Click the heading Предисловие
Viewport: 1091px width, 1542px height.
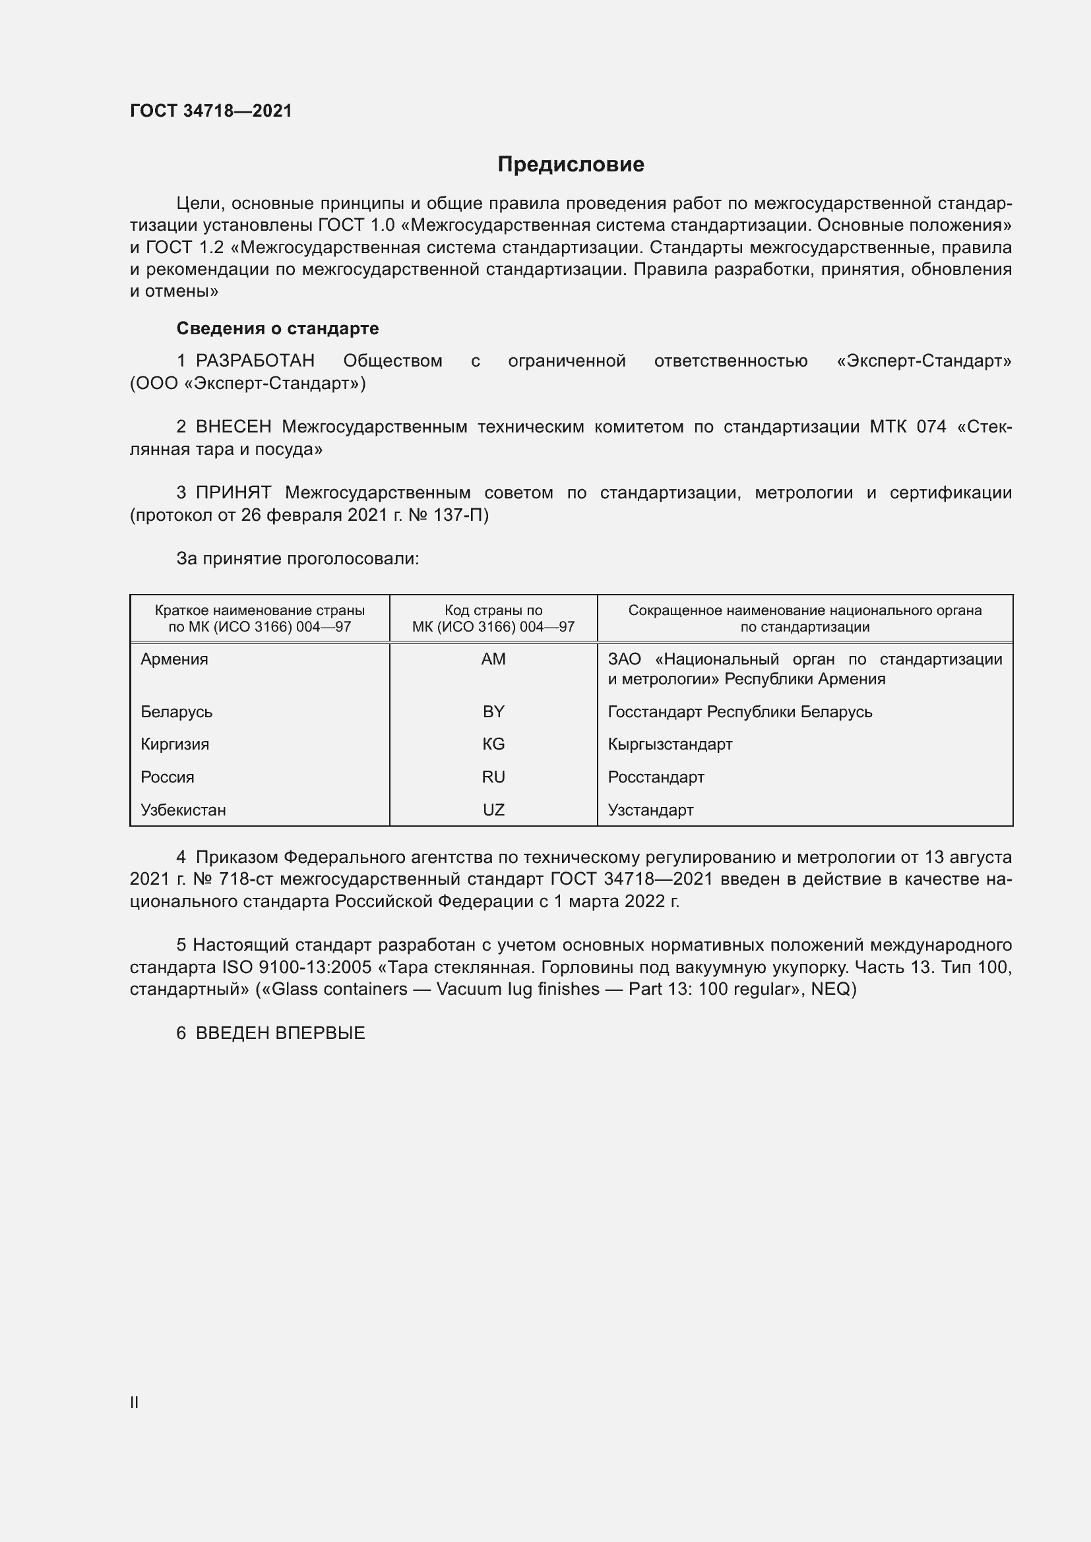pos(571,165)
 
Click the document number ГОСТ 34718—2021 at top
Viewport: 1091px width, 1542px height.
pos(211,111)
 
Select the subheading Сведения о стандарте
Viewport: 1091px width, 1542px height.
pos(278,328)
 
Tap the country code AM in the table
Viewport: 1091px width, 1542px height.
pos(493,659)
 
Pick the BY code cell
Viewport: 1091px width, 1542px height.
pos(493,711)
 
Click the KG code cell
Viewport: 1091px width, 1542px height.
pos(493,744)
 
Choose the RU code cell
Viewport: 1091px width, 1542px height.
pos(493,777)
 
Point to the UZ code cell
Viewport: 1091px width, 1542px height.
pos(493,810)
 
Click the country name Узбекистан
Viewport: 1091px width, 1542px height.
pos(183,810)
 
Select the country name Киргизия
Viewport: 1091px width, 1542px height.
pos(175,744)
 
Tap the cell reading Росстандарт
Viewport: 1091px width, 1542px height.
pos(656,777)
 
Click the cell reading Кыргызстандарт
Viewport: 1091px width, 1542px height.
pos(670,744)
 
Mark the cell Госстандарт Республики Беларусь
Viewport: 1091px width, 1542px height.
pos(739,711)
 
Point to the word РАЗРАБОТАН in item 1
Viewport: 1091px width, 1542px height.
pos(255,361)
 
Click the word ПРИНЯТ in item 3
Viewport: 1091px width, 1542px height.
pos(233,493)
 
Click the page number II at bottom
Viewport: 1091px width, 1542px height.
pos(135,1402)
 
